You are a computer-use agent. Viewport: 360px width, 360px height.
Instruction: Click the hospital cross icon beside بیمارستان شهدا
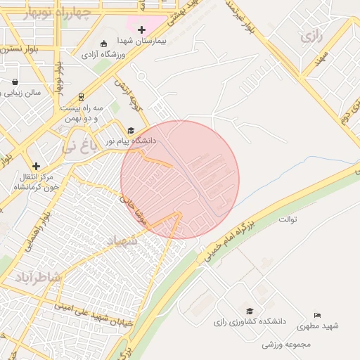142,30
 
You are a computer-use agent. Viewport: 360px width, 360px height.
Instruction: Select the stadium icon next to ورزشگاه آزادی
104,44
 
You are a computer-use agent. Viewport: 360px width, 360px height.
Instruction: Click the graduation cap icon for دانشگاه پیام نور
130,130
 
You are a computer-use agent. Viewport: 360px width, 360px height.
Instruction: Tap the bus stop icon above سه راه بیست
81,97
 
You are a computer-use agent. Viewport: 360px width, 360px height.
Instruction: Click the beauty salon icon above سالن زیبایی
15,82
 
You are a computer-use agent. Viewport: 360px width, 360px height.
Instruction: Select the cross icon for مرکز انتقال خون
36,166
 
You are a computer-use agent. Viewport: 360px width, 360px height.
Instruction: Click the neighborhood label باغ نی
77,147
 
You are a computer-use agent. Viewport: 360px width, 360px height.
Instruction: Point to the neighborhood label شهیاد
125,241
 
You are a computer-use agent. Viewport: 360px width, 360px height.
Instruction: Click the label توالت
289,219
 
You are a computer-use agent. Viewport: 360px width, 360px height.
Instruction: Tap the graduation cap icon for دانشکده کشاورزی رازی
249,310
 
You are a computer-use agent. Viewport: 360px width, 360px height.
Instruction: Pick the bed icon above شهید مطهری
317,315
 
